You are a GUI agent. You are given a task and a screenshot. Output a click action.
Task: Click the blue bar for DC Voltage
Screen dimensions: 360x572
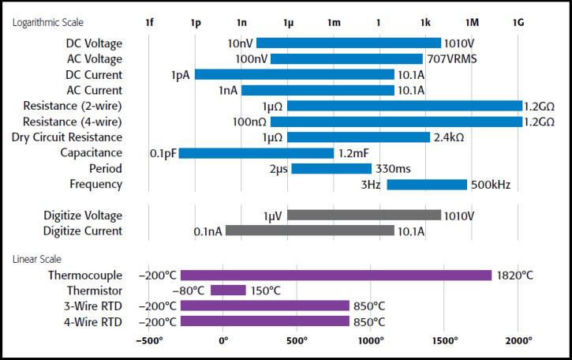[x=348, y=43]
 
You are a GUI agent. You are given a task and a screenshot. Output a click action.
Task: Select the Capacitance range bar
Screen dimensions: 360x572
[x=256, y=153]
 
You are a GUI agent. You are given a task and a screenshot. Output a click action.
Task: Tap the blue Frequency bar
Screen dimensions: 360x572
[x=426, y=185]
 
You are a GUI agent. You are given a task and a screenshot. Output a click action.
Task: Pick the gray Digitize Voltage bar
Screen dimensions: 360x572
[x=363, y=215]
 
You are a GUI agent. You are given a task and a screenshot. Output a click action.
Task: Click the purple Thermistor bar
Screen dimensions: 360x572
[x=228, y=291]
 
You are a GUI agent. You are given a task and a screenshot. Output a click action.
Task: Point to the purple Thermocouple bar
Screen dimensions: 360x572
[x=335, y=276]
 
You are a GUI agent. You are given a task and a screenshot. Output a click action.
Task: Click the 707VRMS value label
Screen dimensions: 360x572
[x=453, y=58]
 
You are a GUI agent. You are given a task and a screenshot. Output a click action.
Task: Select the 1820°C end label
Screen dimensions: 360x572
[x=515, y=276]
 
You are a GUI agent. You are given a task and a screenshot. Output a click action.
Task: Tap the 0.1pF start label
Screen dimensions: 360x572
[x=163, y=153]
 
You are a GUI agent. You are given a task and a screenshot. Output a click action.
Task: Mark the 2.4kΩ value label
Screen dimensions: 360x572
[x=450, y=137]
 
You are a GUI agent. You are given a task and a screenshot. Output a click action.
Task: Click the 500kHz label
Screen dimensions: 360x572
[x=491, y=185]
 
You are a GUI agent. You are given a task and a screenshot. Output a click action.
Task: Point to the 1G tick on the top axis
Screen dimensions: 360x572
[x=518, y=22]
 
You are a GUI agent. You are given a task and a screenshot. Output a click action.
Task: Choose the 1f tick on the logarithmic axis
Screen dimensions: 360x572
[x=149, y=22]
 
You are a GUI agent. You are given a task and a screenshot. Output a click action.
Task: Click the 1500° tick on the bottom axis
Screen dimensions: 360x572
[x=445, y=340]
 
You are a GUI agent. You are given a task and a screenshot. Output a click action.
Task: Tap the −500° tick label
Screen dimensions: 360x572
[x=149, y=340]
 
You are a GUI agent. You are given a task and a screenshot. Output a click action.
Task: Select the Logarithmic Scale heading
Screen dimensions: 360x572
[x=47, y=22]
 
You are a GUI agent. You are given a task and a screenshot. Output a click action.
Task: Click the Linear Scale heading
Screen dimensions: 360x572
[x=37, y=259]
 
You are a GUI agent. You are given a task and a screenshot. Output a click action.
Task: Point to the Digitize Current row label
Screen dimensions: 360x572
[x=83, y=231]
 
